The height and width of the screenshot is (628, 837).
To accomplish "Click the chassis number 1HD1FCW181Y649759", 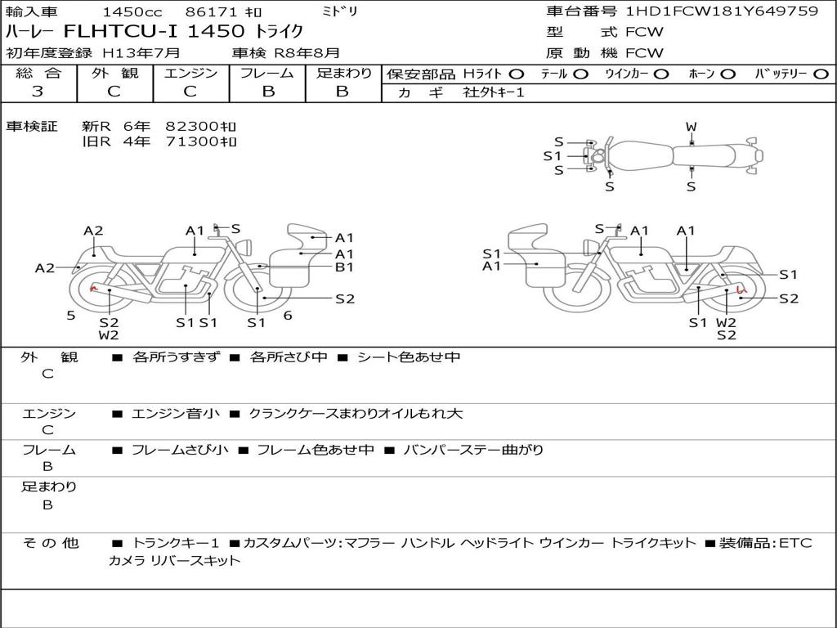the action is pos(722,11).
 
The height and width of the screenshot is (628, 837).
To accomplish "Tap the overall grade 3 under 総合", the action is pos(38,92).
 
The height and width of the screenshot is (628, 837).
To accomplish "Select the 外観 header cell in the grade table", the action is pos(114,73).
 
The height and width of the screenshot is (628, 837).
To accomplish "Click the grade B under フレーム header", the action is pos(268,92).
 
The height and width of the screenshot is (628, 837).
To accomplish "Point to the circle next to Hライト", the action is pos(516,74).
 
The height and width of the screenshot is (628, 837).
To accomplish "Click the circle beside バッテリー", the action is pos(821,74).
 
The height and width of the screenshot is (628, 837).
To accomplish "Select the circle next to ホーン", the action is pos(727,74).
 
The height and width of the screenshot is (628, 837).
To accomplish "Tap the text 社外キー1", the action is pos(494,92).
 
